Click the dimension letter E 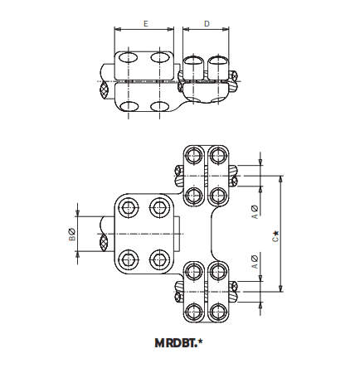click(x=145, y=24)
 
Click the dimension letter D click(x=206, y=24)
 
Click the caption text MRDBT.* click(x=178, y=342)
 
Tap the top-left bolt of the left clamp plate click(x=127, y=206)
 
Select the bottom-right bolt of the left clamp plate click(x=158, y=259)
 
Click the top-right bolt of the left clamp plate click(x=158, y=206)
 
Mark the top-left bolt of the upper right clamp click(x=194, y=154)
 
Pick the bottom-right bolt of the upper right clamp click(x=218, y=195)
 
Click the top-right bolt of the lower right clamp click(x=218, y=269)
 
